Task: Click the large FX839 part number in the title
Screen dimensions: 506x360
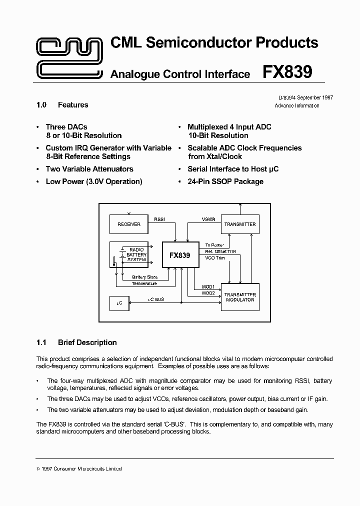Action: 287,72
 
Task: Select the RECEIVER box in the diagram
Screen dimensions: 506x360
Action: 129,224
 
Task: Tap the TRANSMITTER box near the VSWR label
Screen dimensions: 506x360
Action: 240,224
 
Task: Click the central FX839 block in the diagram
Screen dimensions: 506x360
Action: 179,255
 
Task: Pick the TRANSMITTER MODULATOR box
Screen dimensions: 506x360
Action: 240,297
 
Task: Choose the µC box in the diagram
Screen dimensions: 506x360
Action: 119,303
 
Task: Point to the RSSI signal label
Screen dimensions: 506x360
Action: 159,218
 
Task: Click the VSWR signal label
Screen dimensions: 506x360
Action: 208,218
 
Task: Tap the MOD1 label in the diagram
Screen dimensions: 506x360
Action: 208,287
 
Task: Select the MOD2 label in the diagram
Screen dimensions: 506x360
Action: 208,293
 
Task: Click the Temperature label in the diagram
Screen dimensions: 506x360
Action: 144,283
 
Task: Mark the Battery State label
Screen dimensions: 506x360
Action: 145,277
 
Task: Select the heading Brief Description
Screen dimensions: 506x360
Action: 87,342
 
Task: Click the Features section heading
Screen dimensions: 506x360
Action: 73,105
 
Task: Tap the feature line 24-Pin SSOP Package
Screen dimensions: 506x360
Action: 225,181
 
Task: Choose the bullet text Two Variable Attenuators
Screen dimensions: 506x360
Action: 89,169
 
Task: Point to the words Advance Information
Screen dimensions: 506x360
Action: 297,106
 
